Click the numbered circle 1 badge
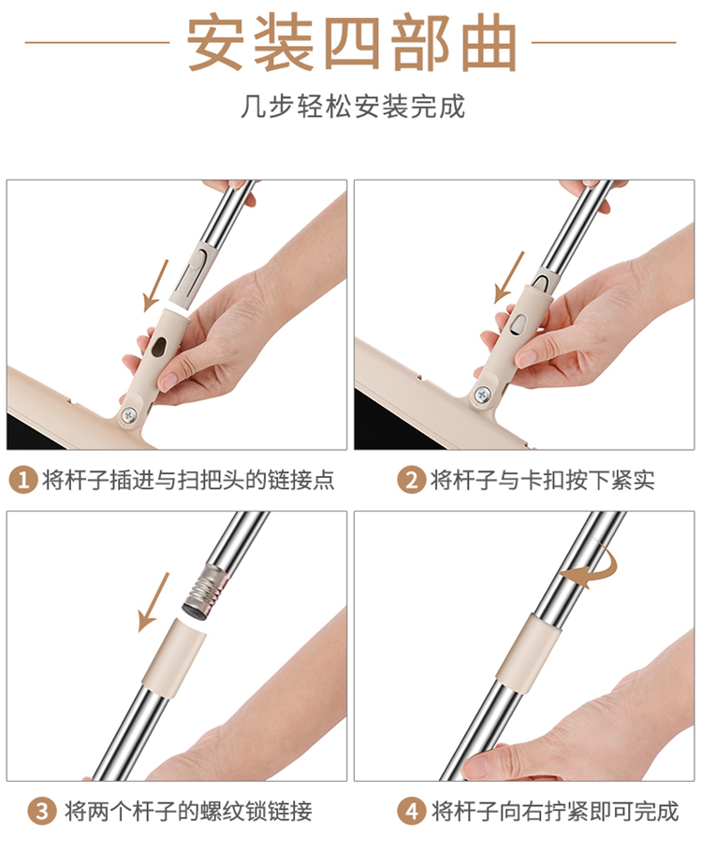[23, 480]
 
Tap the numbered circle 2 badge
[411, 480]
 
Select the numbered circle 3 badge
[42, 812]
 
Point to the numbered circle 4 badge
[411, 812]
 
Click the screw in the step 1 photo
[130, 415]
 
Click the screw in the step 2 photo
[481, 395]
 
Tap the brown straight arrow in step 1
[155, 286]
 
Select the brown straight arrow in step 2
[509, 278]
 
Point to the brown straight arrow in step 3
[154, 602]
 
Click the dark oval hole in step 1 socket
[160, 346]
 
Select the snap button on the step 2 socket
[519, 324]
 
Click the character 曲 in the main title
[487, 43]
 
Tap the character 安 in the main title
[215, 43]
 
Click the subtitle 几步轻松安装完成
[353, 107]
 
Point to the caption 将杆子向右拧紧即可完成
[554, 812]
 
